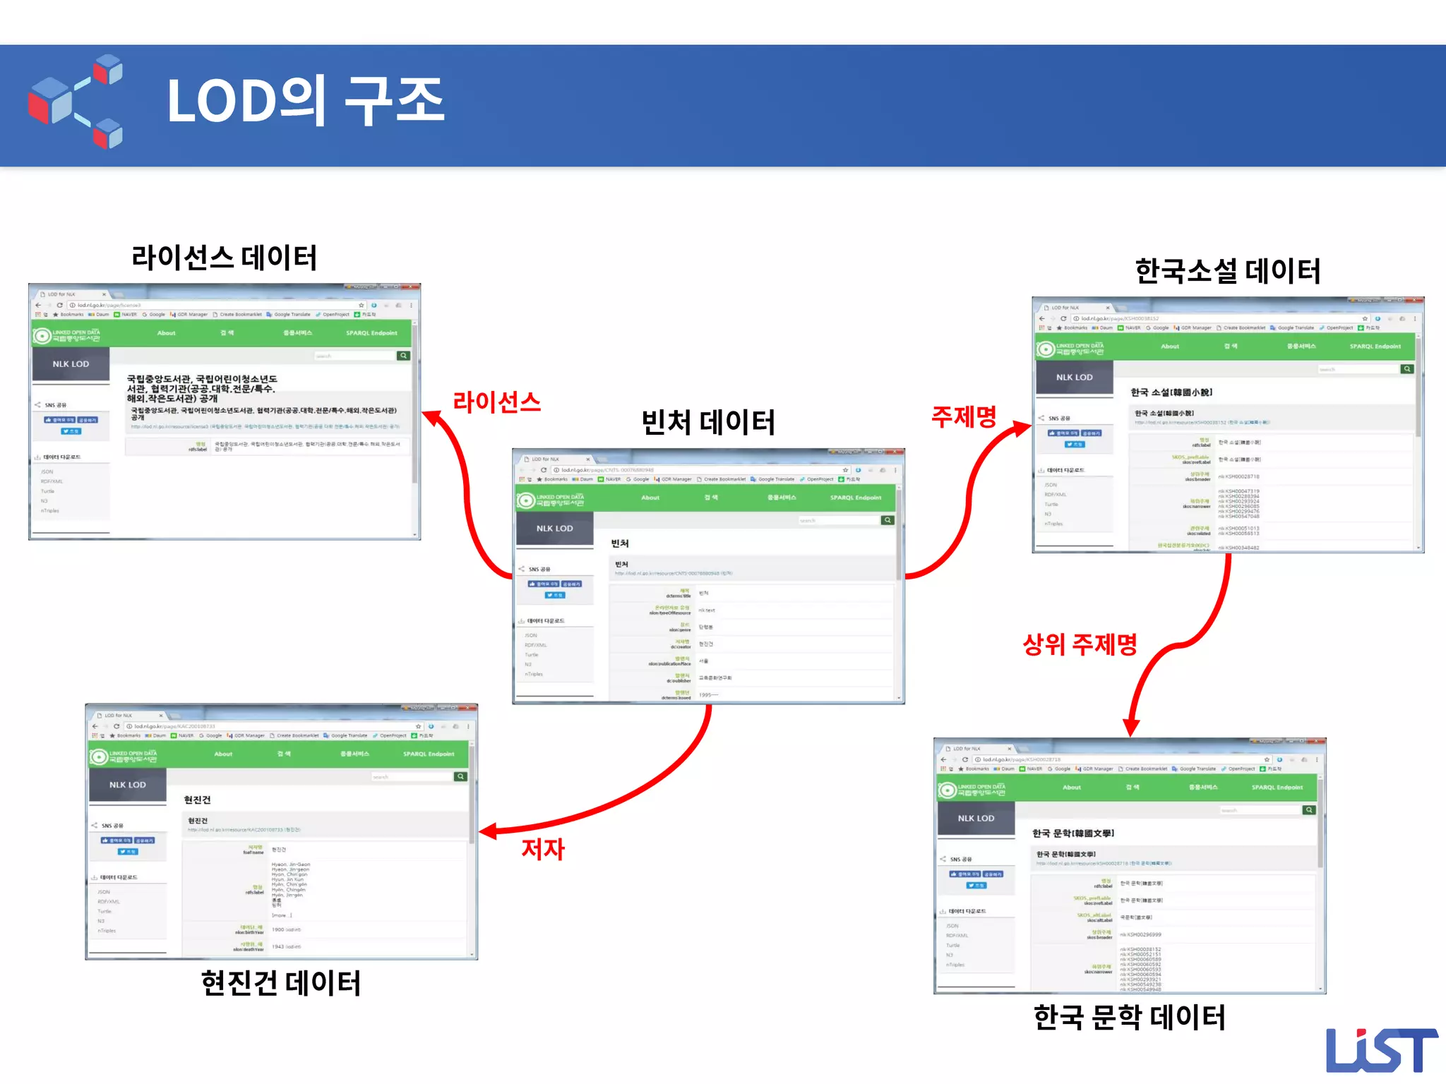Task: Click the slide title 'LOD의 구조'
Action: click(x=305, y=100)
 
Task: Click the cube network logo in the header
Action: click(x=76, y=101)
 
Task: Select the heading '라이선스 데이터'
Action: click(x=225, y=258)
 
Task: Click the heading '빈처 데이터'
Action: click(x=708, y=423)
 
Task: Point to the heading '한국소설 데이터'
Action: click(x=1228, y=271)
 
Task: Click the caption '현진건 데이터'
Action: click(x=281, y=983)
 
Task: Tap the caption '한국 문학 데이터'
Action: click(x=1130, y=1017)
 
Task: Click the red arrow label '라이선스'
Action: click(x=496, y=402)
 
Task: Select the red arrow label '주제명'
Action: click(x=964, y=416)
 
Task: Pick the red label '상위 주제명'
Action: click(x=1080, y=644)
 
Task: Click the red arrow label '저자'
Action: click(x=543, y=848)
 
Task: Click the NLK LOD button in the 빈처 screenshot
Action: click(x=555, y=529)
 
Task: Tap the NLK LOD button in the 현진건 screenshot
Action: click(x=128, y=785)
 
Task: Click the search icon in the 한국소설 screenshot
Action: click(x=1407, y=369)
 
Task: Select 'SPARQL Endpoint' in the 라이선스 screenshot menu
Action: click(x=371, y=333)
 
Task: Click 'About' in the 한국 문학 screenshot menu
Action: click(x=1072, y=788)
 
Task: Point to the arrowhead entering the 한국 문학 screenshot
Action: click(x=1131, y=728)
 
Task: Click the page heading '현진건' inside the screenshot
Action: click(x=197, y=800)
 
